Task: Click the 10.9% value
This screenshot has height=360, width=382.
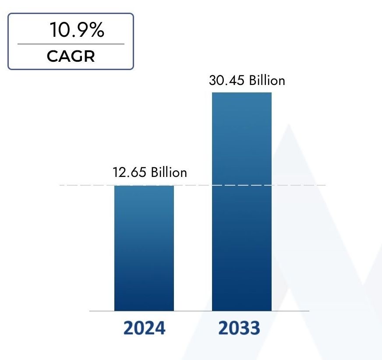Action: [77, 31]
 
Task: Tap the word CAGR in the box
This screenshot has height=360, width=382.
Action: [71, 56]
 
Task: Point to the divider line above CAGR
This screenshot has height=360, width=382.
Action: [71, 44]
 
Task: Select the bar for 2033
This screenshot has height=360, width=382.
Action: [242, 201]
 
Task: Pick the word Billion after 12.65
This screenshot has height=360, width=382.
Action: [169, 172]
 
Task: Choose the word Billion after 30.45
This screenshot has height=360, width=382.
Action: [267, 80]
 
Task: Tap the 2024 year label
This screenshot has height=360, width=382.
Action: [144, 328]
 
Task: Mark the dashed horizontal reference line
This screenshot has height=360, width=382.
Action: [88, 185]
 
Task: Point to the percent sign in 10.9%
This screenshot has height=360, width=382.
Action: [96, 31]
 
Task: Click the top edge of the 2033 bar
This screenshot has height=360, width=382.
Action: [242, 93]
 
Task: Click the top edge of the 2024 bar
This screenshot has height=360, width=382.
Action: [144, 186]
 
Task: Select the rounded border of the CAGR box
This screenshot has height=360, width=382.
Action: [8, 42]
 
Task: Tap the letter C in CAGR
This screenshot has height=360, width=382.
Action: [51, 56]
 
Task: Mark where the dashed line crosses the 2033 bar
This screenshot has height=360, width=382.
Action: [242, 185]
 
